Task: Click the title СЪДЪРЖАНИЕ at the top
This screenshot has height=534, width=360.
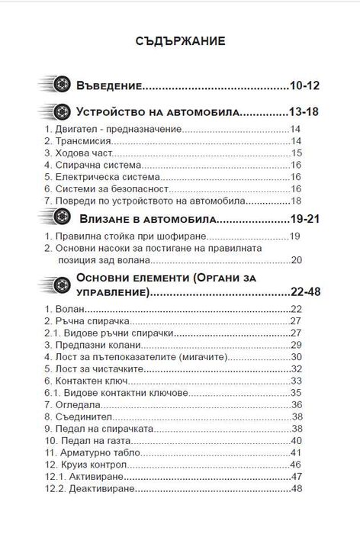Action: click(180, 41)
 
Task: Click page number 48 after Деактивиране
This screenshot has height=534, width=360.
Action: click(297, 487)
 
